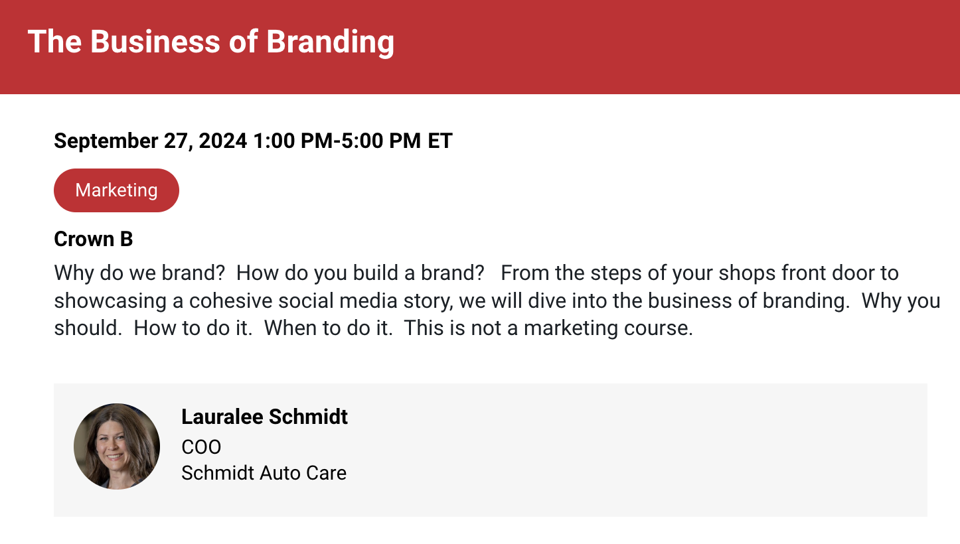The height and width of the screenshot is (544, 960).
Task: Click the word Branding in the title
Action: click(x=330, y=42)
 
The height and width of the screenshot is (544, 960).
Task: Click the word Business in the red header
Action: click(x=155, y=42)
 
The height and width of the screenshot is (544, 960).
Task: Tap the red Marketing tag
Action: click(x=116, y=190)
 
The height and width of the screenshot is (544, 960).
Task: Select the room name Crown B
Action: click(x=94, y=239)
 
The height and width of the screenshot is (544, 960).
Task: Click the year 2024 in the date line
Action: click(x=223, y=141)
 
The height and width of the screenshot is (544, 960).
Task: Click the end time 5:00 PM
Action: click(x=381, y=141)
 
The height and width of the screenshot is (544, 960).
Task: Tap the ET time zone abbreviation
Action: click(x=440, y=141)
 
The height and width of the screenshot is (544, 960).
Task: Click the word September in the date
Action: click(x=106, y=141)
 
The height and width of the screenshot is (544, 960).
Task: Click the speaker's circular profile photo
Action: click(x=117, y=446)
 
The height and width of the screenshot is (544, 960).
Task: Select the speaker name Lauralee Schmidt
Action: click(x=264, y=417)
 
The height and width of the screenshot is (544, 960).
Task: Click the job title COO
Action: click(x=201, y=447)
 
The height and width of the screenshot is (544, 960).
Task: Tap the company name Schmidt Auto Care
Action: click(x=264, y=473)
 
